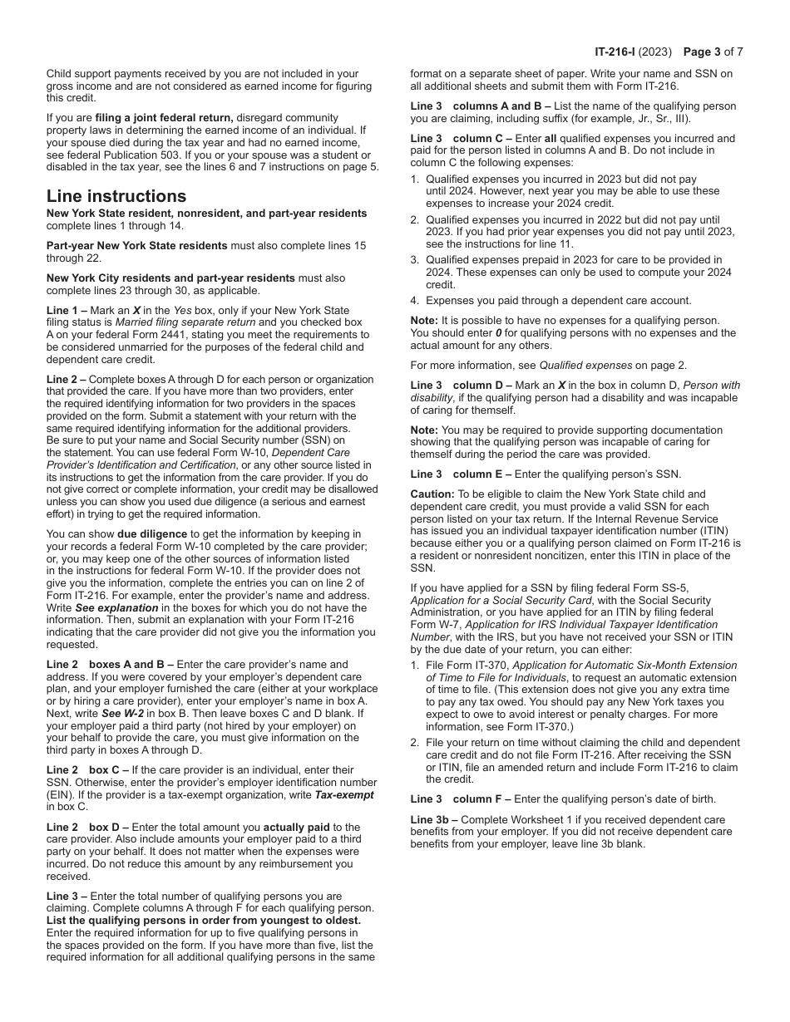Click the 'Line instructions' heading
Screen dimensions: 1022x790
tap(116, 197)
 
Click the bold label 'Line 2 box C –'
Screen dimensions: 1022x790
tap(86, 770)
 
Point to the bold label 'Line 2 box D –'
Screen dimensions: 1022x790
tap(86, 827)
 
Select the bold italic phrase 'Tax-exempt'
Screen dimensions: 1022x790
tap(343, 794)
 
